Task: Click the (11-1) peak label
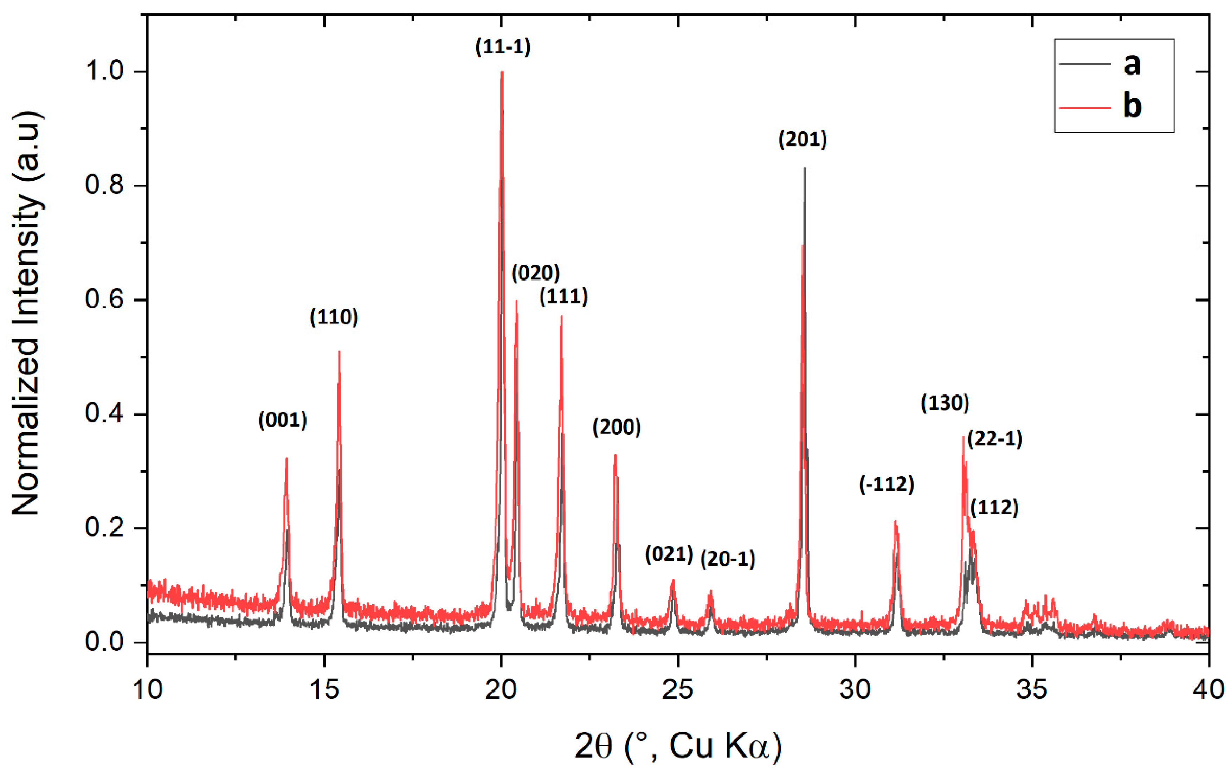click(503, 47)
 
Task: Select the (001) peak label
click(283, 420)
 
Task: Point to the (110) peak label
click(334, 317)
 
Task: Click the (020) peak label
click(535, 274)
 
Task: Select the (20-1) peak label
click(727, 559)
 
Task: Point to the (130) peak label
click(945, 403)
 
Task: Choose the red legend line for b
click(1085, 107)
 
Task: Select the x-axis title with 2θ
click(678, 747)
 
